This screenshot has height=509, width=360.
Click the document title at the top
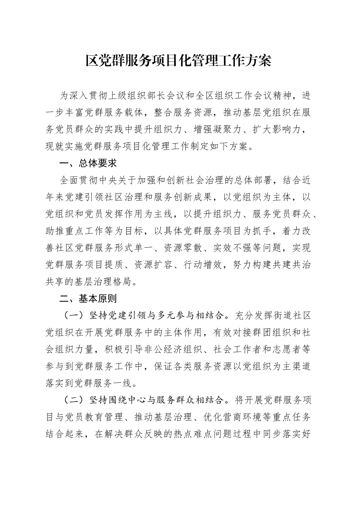pos(178,61)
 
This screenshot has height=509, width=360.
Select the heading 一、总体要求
pos(88,163)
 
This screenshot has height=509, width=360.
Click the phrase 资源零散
pos(182,248)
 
